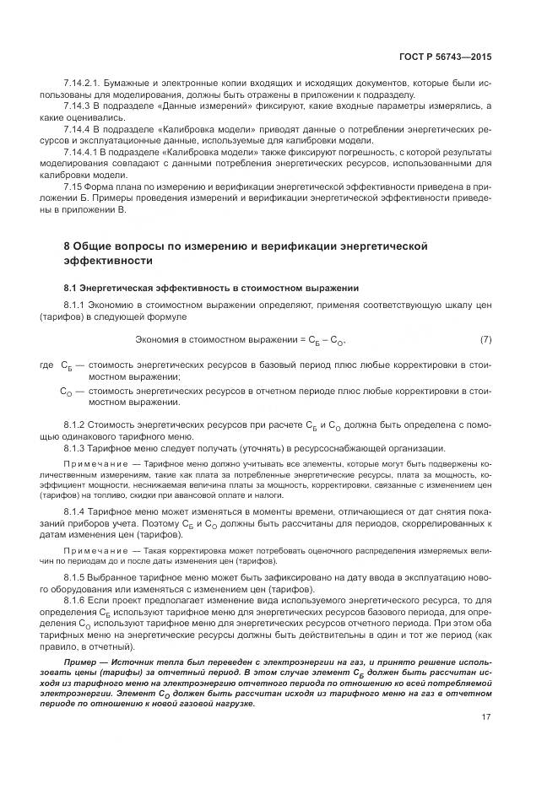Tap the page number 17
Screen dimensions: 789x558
(486, 717)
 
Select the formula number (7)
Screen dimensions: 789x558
(485, 339)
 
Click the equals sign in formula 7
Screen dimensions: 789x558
(301, 340)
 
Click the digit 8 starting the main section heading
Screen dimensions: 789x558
(68, 246)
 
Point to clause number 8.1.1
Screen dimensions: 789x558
(76, 304)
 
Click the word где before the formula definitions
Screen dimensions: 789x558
(46, 365)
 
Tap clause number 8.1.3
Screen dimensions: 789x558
(76, 448)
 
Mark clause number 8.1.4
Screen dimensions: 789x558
(76, 511)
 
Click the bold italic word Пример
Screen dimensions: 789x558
(82, 662)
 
